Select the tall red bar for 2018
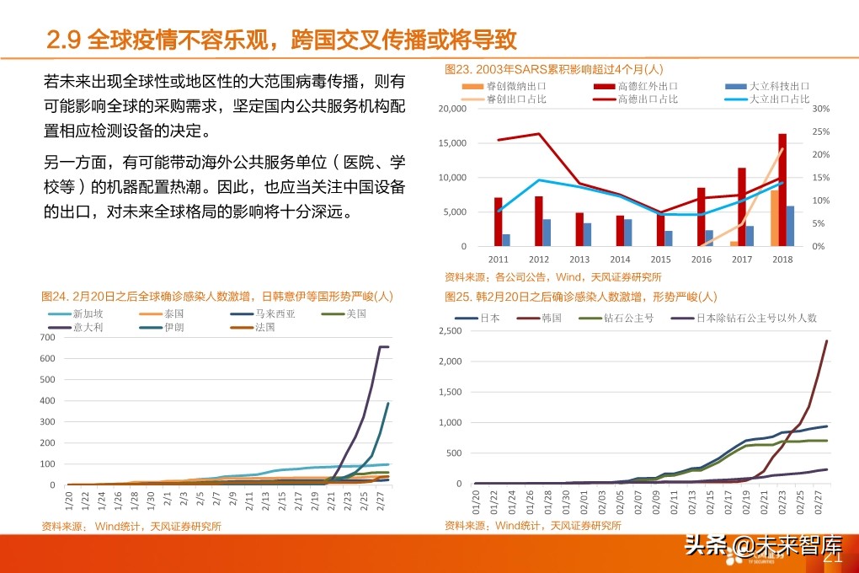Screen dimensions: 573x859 click(x=782, y=190)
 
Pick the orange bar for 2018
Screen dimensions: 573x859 click(x=774, y=218)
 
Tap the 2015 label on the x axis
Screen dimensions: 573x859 click(x=660, y=260)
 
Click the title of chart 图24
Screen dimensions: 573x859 click(x=217, y=297)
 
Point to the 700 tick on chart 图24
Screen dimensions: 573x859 click(x=48, y=337)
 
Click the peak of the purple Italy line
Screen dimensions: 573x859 click(x=384, y=346)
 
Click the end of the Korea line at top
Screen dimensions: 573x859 click(x=826, y=341)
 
